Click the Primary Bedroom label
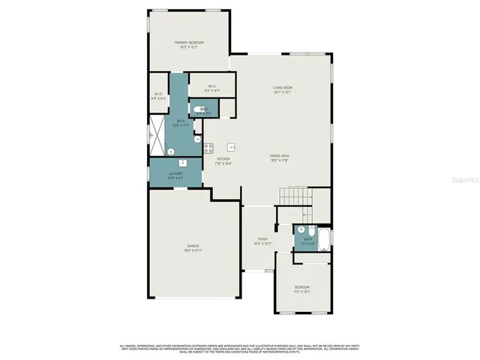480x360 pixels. tap(189, 42)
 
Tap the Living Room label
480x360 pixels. tap(282, 88)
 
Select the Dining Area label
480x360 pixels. tap(280, 155)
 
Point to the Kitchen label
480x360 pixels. tap(223, 159)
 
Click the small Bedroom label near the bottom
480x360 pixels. tap(301, 287)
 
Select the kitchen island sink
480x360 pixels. tap(232, 146)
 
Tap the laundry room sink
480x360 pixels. tap(182, 162)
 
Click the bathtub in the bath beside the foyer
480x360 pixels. tap(323, 240)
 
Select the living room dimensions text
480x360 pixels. tap(282, 92)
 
